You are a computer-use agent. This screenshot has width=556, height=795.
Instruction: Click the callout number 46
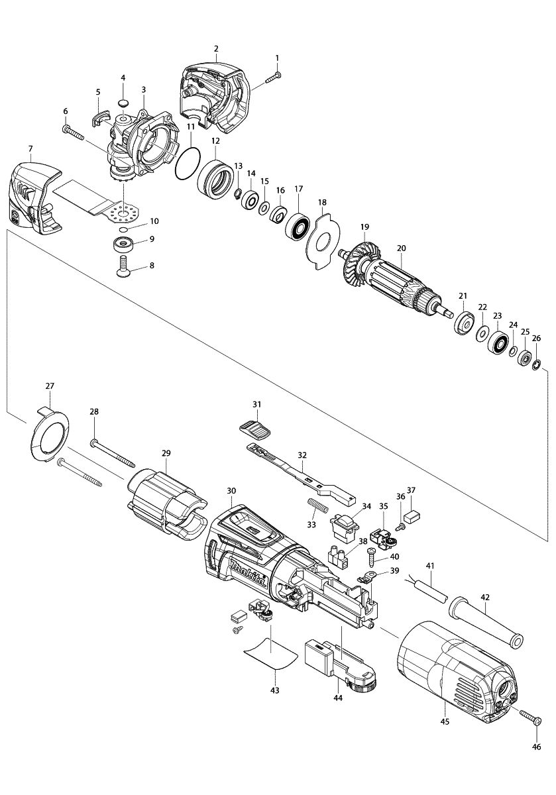536,747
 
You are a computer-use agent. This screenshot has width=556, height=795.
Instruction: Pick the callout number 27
50,386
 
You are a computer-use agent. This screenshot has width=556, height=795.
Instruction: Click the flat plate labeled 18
321,242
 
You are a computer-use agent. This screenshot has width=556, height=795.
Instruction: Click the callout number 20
401,248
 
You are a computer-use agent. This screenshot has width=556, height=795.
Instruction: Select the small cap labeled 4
123,102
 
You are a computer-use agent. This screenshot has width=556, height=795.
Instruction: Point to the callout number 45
445,721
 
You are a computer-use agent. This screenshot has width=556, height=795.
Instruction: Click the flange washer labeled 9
123,242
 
